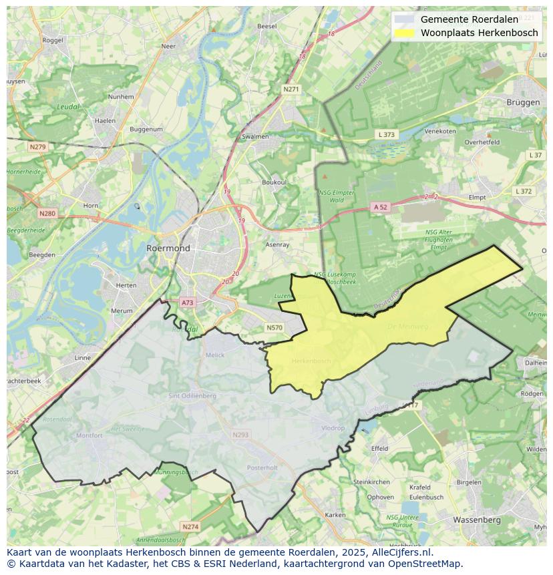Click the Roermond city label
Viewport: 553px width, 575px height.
pos(168,248)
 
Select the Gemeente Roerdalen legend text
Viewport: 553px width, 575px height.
pos(469,19)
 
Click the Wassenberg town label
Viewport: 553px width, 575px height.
pos(477,519)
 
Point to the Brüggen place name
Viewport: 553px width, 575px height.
pos(523,102)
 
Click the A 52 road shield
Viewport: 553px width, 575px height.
pos(380,207)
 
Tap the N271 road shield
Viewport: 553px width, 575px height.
pos(291,89)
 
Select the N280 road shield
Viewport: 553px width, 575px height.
pos(47,214)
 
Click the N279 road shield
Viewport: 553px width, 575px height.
pos(37,146)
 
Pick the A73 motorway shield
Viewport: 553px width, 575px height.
pos(187,303)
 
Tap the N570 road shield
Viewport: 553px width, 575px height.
pos(274,327)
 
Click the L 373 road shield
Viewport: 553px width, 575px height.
pos(387,134)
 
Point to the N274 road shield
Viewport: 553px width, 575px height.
pos(190,527)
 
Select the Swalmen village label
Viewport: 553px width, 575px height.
pos(255,136)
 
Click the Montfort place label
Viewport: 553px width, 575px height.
pos(89,435)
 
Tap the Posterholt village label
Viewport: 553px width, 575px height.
pos(262,468)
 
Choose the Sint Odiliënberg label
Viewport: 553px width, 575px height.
pos(192,396)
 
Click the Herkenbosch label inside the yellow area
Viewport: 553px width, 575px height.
pos(311,361)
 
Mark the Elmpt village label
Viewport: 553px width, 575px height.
pos(477,198)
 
